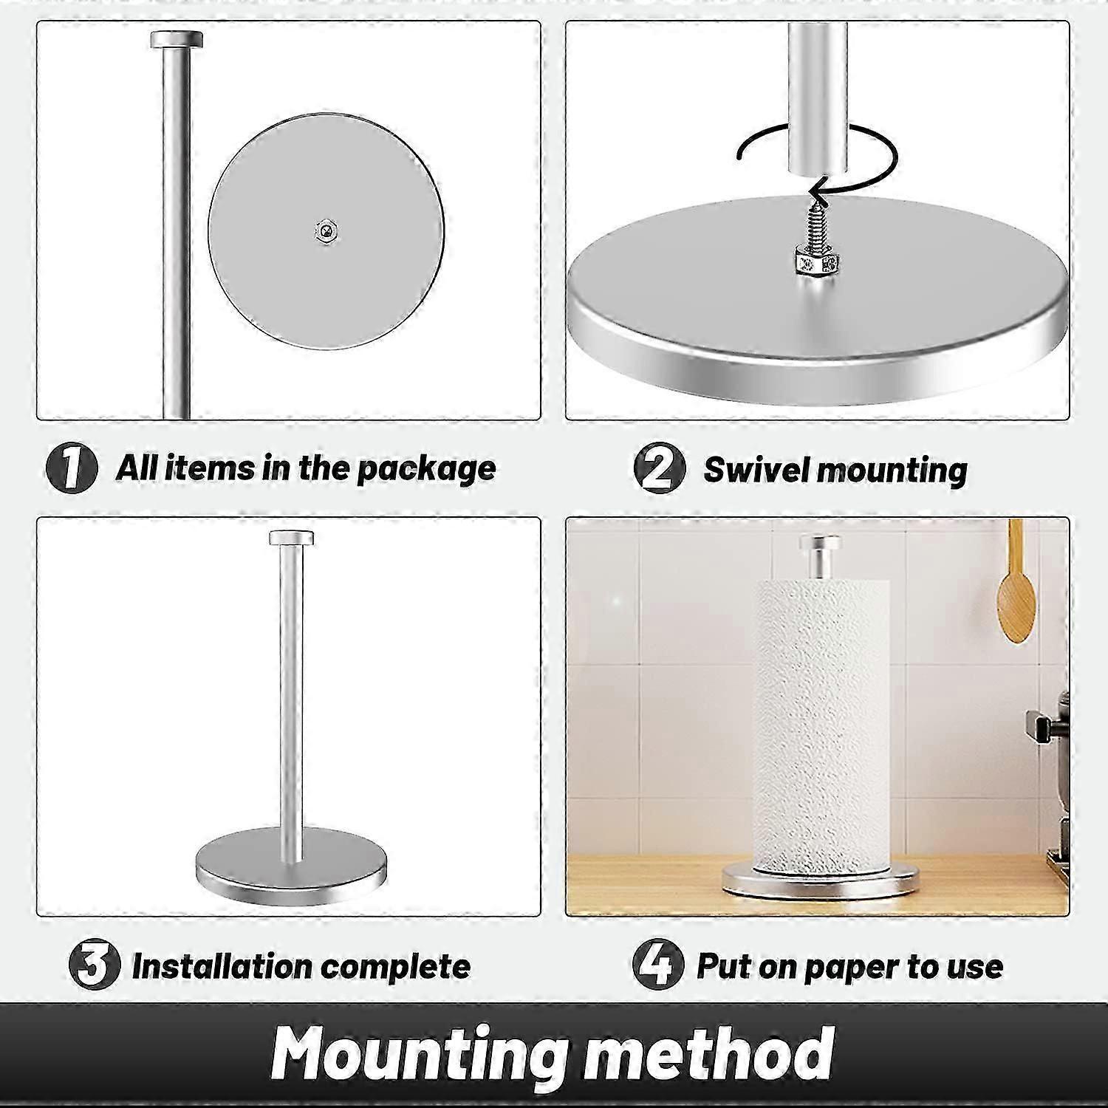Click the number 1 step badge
pos(71,468)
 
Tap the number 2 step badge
pos(659,468)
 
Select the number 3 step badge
pos(94,965)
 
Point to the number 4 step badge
pos(657,965)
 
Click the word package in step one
pos(426,470)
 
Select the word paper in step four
pos(851,968)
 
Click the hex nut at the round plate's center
pos(326,231)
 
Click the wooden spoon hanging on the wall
pos(1013,591)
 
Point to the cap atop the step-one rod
pos(176,39)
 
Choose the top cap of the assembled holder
pos(291,537)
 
